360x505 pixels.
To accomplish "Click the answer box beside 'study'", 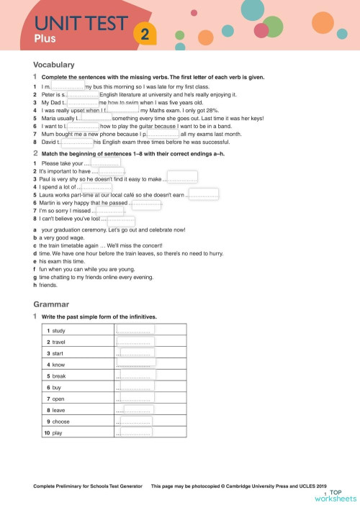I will coord(135,329).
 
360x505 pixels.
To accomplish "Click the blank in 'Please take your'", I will coord(110,164).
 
